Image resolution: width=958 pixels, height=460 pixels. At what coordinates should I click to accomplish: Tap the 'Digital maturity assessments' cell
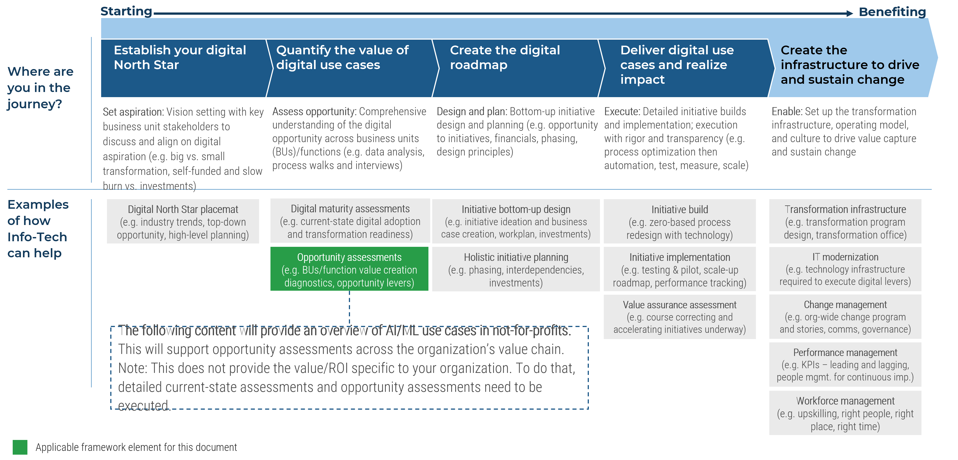click(x=350, y=222)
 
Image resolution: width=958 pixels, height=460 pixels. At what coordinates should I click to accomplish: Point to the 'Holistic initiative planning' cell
click(x=516, y=270)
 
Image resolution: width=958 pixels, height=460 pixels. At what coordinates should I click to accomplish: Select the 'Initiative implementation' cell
click(x=680, y=270)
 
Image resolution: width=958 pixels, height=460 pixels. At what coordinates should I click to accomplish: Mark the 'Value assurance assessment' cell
click(x=680, y=317)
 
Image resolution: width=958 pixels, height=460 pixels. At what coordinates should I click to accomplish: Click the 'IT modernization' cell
click(x=845, y=269)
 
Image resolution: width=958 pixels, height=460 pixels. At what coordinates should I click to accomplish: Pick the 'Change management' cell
click(x=845, y=317)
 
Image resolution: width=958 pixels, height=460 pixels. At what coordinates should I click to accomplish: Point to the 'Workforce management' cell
click(x=845, y=413)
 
